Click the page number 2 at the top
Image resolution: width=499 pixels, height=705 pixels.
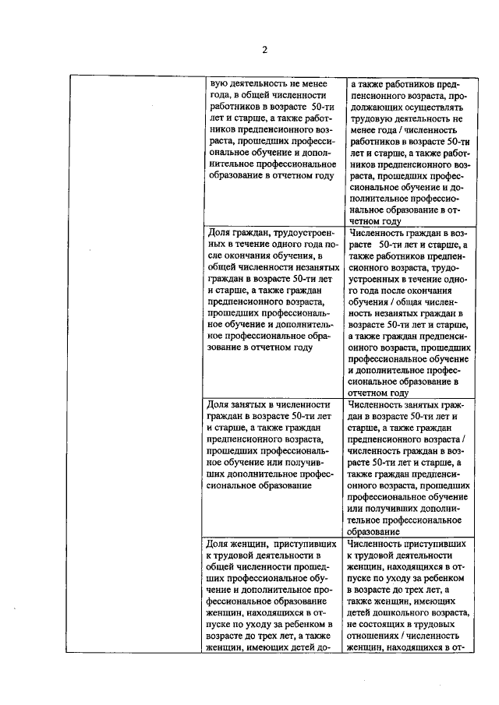[264, 51]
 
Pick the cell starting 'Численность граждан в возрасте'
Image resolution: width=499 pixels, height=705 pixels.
[409, 312]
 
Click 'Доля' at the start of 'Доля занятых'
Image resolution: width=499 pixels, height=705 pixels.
[219, 405]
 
